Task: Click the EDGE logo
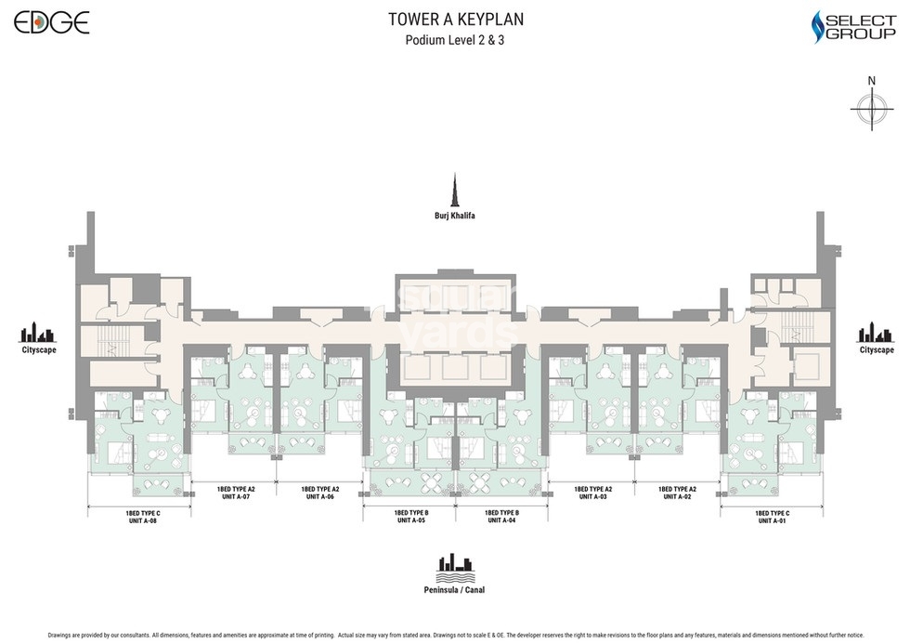[x=52, y=21]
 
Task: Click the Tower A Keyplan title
[x=454, y=19]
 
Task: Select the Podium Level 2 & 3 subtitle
[x=454, y=40]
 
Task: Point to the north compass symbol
[x=871, y=109]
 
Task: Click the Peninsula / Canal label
[x=454, y=589]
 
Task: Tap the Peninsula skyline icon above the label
[x=454, y=564]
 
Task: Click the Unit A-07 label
[x=236, y=496]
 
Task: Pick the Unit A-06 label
[x=319, y=496]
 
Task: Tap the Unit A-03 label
[x=592, y=496]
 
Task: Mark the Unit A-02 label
[x=677, y=496]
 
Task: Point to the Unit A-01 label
[x=772, y=521]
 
